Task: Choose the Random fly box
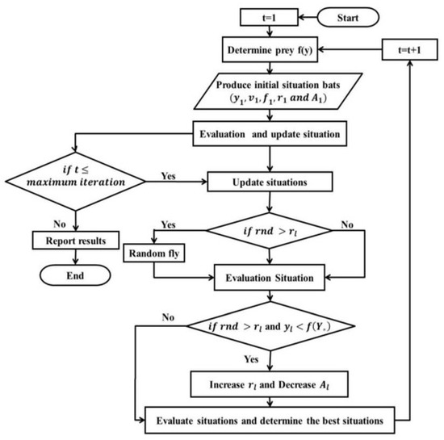click(x=155, y=255)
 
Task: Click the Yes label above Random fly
click(x=170, y=224)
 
